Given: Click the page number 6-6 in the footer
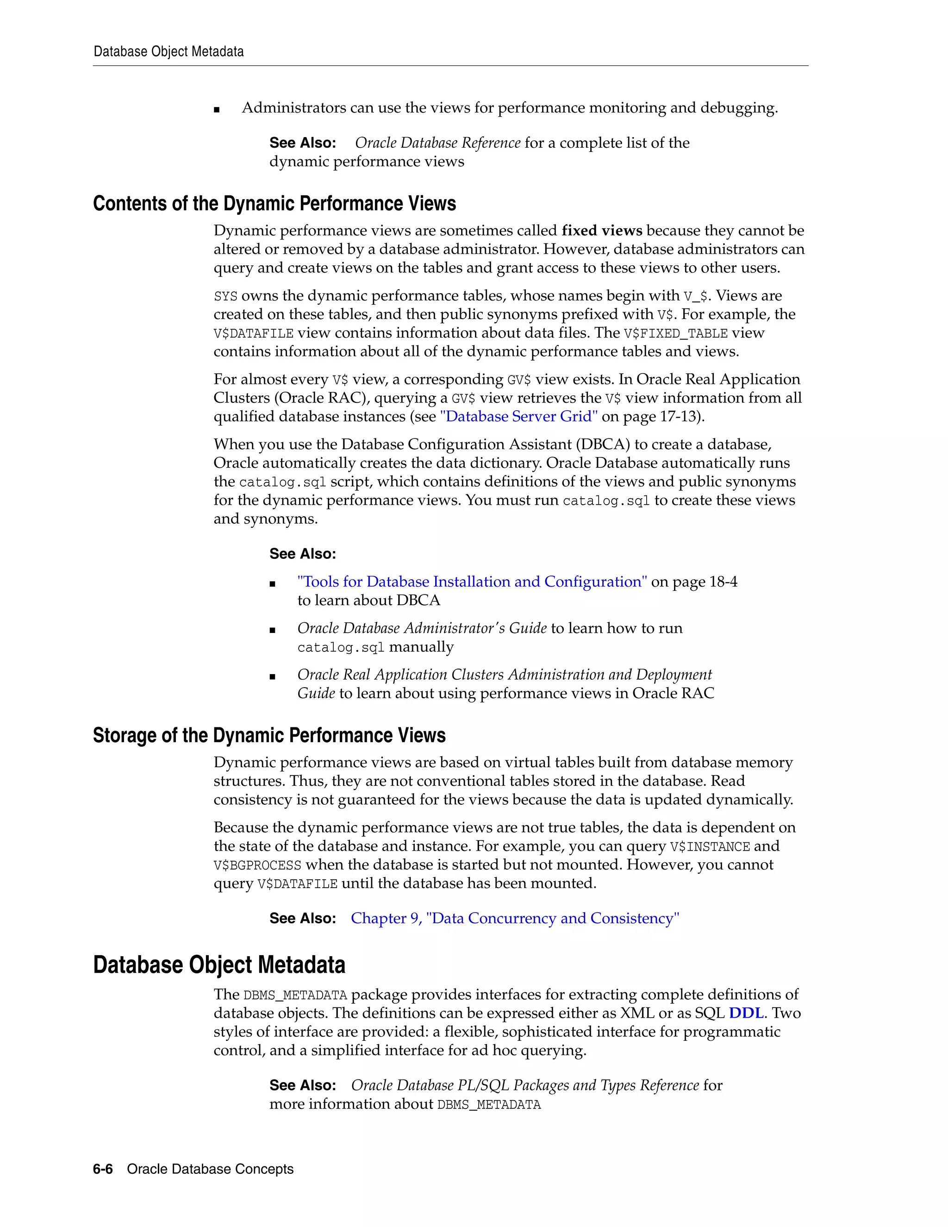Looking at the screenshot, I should tap(103, 1169).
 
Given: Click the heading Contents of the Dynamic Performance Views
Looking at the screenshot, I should tap(274, 203).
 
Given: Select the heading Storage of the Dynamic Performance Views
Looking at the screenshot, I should tap(269, 735).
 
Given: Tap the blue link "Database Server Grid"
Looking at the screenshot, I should tap(518, 416).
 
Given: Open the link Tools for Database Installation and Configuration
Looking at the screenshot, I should tap(472, 582).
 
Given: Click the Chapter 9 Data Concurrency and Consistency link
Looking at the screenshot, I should tap(514, 918).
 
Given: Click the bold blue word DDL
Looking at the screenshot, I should tap(746, 1013).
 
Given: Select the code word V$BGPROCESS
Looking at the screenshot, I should tap(257, 865).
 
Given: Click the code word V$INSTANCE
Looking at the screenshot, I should tap(710, 847).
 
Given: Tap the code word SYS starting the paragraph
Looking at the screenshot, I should tap(225, 296).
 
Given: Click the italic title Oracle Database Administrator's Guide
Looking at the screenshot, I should tap(422, 628).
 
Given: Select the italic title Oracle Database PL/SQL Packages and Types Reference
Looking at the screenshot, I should tap(524, 1085).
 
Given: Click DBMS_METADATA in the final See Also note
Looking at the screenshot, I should tap(489, 1104).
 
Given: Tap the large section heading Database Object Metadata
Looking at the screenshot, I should tap(219, 964).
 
